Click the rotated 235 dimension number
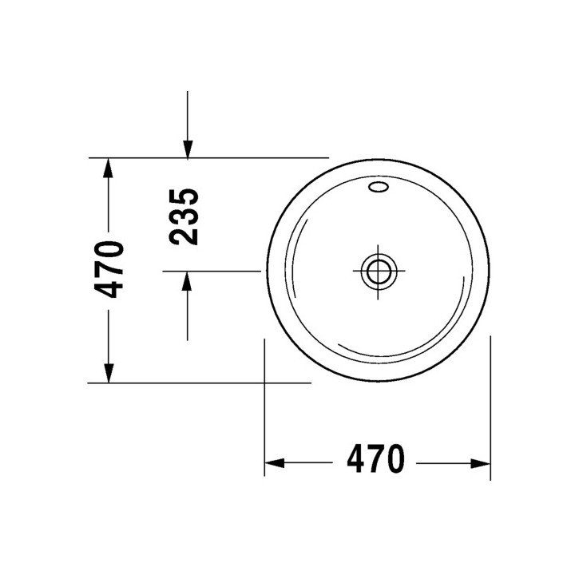[184, 216]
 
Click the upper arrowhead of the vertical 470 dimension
[108, 168]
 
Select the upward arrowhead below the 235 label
[187, 281]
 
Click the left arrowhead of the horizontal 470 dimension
[274, 462]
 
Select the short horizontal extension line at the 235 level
[212, 272]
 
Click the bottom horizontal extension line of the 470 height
[200, 383]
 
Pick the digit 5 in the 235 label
[184, 198]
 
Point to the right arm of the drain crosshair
[401, 271]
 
